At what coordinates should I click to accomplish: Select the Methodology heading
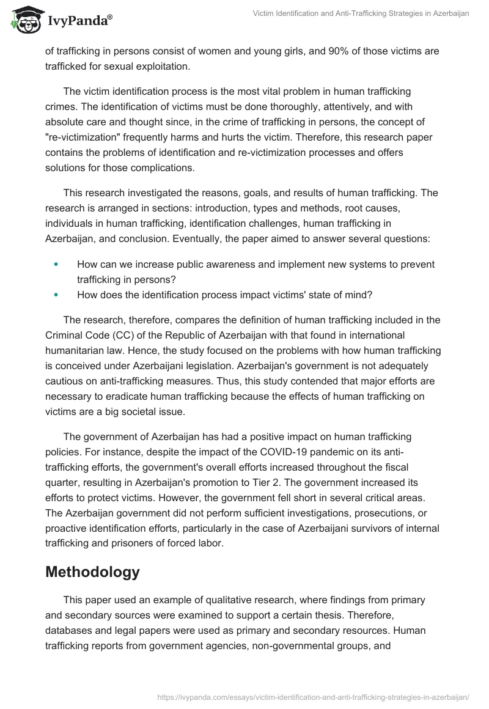(x=92, y=572)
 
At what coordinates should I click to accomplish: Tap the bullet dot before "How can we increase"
(x=56, y=264)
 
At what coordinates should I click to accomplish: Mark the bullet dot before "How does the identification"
(x=56, y=295)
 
